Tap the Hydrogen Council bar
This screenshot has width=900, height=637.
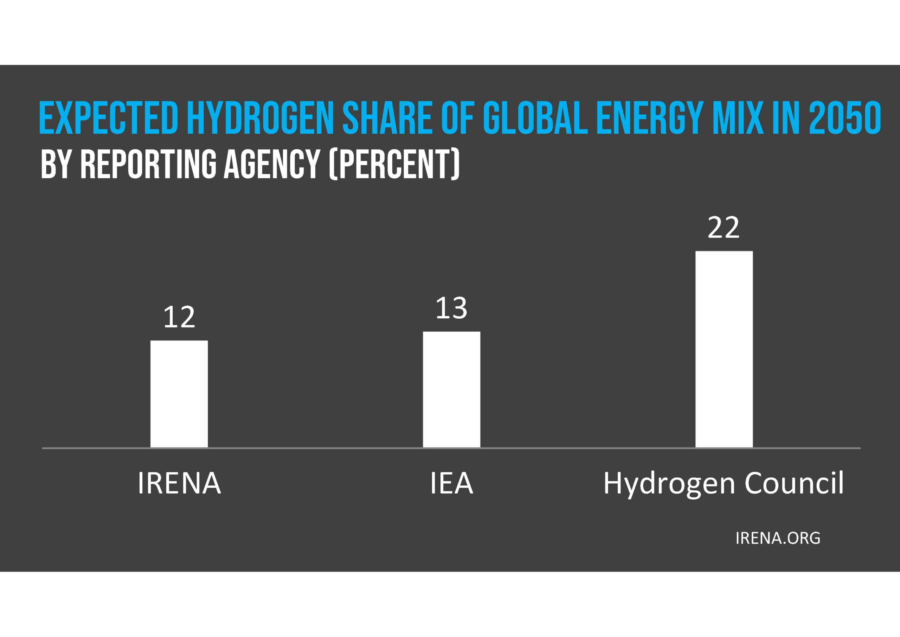[x=724, y=349]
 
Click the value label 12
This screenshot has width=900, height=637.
[x=179, y=317]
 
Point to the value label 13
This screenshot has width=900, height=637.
[x=451, y=308]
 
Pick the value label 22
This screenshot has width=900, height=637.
[x=723, y=228]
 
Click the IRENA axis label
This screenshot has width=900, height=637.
[x=179, y=483]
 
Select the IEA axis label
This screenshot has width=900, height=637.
[x=451, y=483]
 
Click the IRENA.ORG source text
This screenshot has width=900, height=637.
[x=778, y=538]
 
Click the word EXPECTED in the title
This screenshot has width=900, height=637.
[x=109, y=118]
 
